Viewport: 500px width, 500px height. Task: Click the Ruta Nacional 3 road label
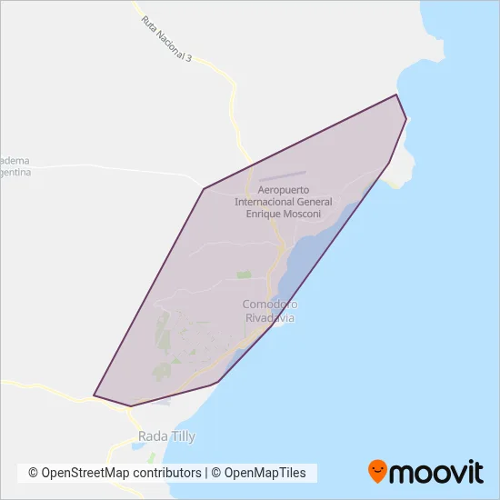[166, 38]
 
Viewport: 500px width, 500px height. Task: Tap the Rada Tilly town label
[166, 437]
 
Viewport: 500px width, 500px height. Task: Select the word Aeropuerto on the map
[284, 190]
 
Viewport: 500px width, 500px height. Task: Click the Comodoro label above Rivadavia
[270, 305]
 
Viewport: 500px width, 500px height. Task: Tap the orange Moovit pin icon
[377, 471]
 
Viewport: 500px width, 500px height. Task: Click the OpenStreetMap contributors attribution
[115, 473]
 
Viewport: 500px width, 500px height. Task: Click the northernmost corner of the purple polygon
[396, 95]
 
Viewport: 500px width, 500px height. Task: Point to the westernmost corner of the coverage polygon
[94, 395]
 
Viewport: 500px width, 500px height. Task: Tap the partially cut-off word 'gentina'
[15, 172]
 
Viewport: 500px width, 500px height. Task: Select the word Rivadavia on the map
[270, 318]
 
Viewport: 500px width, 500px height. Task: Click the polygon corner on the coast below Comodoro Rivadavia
[273, 325]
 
